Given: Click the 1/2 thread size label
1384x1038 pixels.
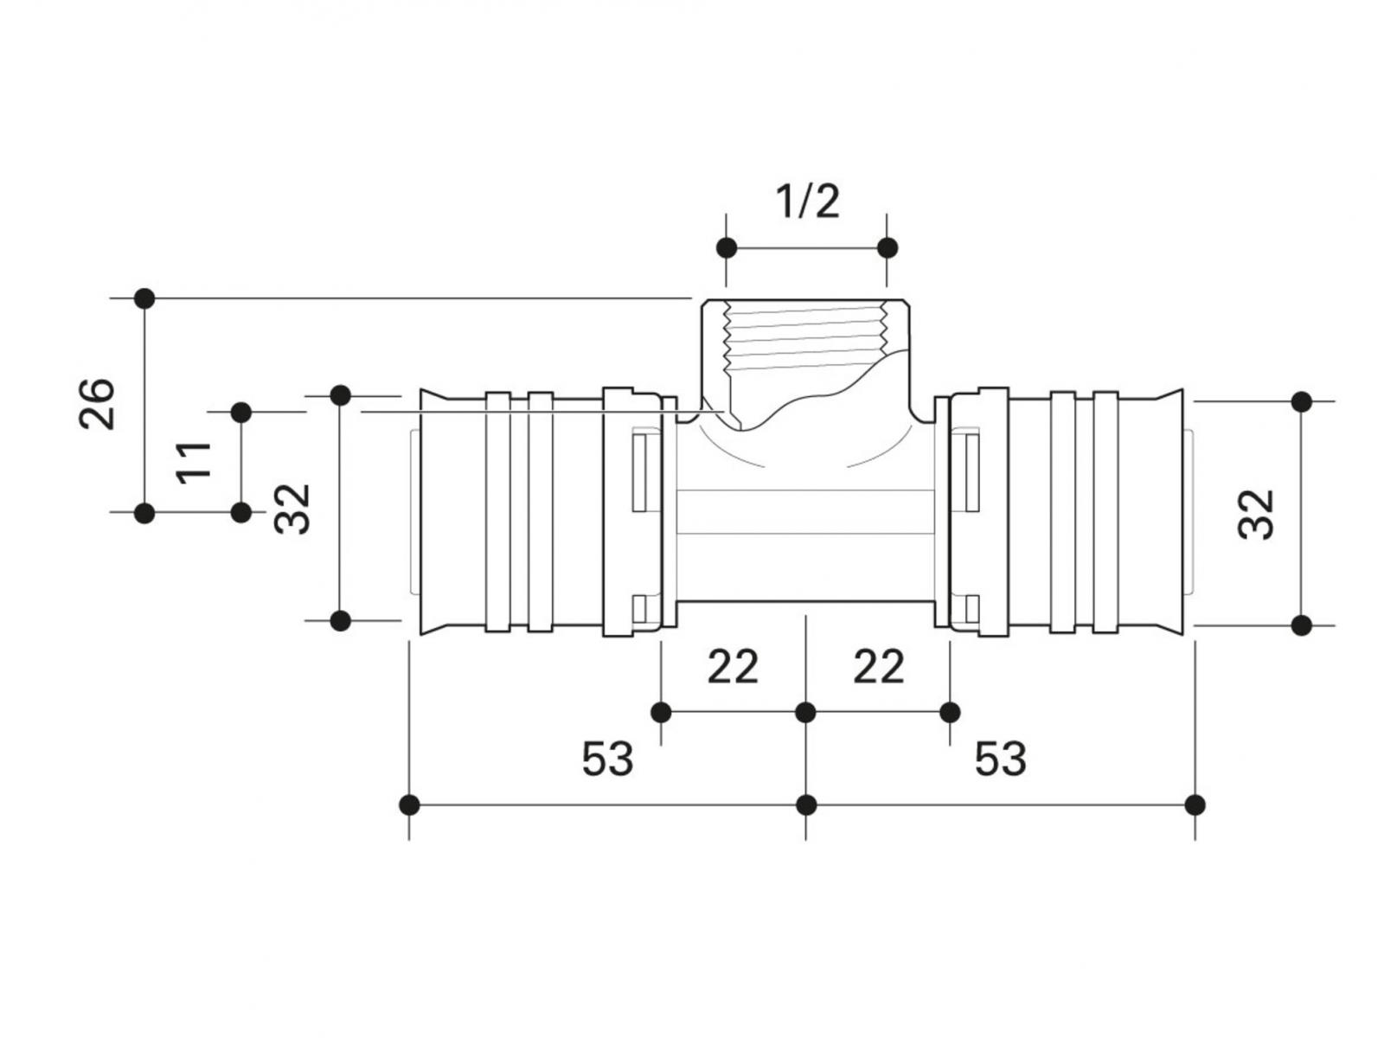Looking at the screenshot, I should click(x=807, y=202).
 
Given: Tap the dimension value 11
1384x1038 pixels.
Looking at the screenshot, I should click(x=195, y=461).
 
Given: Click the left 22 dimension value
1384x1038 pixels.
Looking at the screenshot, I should click(x=733, y=667).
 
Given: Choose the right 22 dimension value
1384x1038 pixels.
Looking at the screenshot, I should click(x=879, y=667).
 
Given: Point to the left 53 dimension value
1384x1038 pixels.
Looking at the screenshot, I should click(x=607, y=759).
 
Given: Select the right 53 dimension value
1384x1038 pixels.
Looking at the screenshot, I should click(x=1000, y=759).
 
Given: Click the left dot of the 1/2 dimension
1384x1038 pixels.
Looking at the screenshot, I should click(x=727, y=248).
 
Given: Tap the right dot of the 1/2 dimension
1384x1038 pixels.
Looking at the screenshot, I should click(x=887, y=248).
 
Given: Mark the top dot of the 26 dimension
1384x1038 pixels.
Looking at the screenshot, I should click(x=145, y=298).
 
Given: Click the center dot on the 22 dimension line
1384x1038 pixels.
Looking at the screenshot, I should click(x=805, y=713).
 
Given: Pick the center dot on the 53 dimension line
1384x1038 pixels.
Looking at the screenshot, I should click(x=806, y=805).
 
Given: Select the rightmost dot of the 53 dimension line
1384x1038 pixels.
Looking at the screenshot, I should click(x=1195, y=805).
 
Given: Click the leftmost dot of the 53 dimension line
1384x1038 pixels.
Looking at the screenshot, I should click(x=410, y=805).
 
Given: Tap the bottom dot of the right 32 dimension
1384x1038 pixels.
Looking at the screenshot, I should click(x=1302, y=625).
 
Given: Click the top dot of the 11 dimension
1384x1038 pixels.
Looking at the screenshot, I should click(x=241, y=412).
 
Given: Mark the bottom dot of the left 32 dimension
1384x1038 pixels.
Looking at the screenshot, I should click(x=341, y=620).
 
